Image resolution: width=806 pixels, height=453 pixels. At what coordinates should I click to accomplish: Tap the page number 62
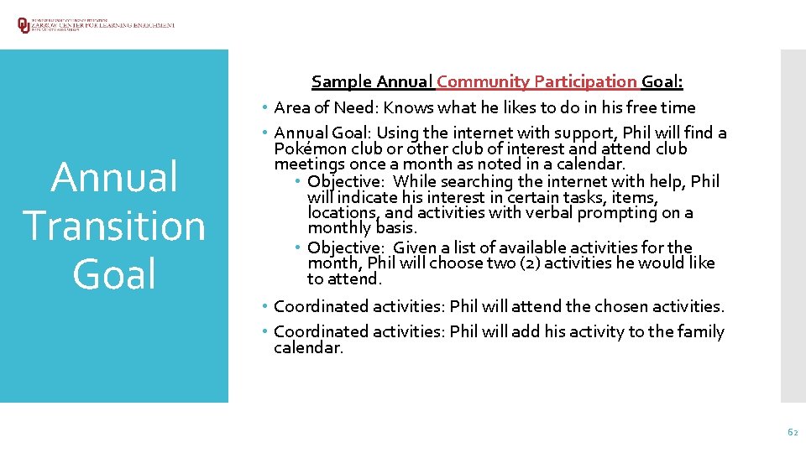tap(792, 432)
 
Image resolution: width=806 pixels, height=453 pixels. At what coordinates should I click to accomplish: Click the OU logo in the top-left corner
tap(24, 24)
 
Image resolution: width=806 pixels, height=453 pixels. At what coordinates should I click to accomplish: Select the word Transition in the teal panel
tap(114, 226)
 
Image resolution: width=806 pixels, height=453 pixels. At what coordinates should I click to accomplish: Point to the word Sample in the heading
tap(342, 82)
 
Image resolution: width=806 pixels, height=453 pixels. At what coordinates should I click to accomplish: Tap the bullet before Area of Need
tap(264, 108)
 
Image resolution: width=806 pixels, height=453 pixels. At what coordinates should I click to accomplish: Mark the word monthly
tap(338, 228)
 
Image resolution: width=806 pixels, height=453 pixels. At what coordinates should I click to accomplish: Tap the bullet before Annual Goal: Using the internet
tap(264, 133)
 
